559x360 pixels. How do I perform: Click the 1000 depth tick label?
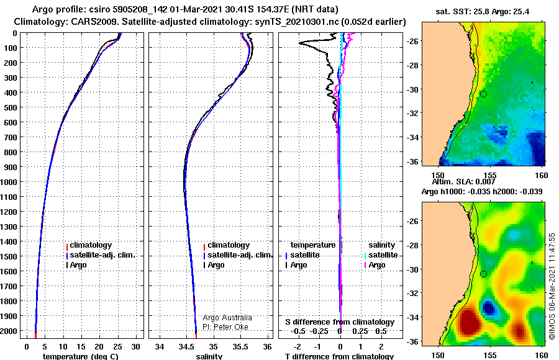(x=9, y=182)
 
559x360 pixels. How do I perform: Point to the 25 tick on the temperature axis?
(x=117, y=347)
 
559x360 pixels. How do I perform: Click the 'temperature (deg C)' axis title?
(x=80, y=356)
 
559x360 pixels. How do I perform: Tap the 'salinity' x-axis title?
(x=209, y=356)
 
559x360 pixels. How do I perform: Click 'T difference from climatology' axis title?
(x=339, y=356)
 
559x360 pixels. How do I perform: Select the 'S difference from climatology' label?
(x=340, y=322)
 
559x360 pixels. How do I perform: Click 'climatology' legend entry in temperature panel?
(x=91, y=245)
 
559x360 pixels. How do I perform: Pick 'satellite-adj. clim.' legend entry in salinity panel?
(x=240, y=255)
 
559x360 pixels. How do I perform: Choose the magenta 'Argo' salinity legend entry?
(x=377, y=265)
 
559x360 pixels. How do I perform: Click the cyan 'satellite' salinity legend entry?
(x=383, y=255)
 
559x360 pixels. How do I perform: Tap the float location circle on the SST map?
(x=483, y=94)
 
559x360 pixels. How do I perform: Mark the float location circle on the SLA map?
(x=483, y=274)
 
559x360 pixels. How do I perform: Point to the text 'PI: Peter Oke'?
(x=225, y=327)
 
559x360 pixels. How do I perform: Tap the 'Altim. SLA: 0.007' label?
(x=463, y=182)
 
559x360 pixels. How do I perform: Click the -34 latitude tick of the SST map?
(x=412, y=137)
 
